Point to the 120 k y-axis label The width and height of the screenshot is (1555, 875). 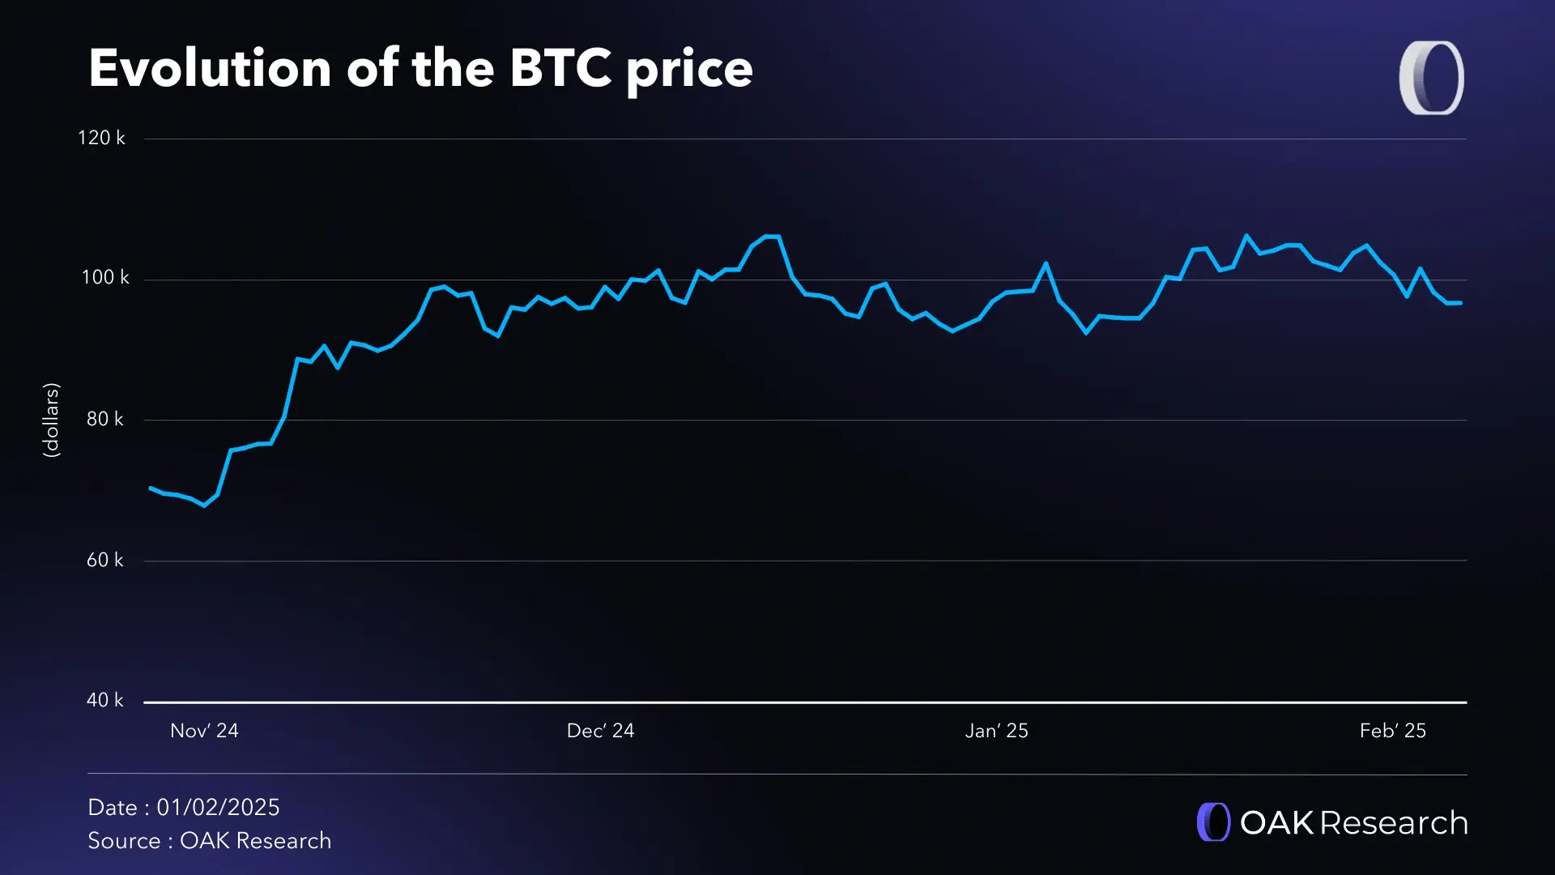[x=101, y=138]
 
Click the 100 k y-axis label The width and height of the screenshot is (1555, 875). [x=105, y=278]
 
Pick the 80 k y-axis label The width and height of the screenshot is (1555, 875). [x=105, y=419]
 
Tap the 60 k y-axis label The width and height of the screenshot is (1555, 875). [x=105, y=560]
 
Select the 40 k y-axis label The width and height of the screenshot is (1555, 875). [x=105, y=700]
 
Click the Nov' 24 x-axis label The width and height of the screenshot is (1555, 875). [x=204, y=731]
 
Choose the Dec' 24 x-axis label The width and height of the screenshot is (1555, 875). [x=600, y=731]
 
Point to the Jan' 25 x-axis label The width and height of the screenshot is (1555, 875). [x=996, y=731]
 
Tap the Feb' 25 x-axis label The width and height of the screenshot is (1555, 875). [x=1392, y=731]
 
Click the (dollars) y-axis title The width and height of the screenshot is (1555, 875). [x=51, y=420]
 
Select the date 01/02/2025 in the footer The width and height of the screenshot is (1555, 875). [x=218, y=808]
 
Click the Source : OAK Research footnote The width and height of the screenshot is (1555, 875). [x=209, y=841]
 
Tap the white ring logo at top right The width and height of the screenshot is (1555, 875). [x=1431, y=78]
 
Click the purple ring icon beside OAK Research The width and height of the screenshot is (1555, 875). [x=1213, y=822]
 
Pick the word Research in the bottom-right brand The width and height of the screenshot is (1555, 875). [x=1393, y=823]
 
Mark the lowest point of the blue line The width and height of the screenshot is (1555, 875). [x=203, y=506]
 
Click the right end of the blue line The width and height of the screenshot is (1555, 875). [x=1460, y=303]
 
